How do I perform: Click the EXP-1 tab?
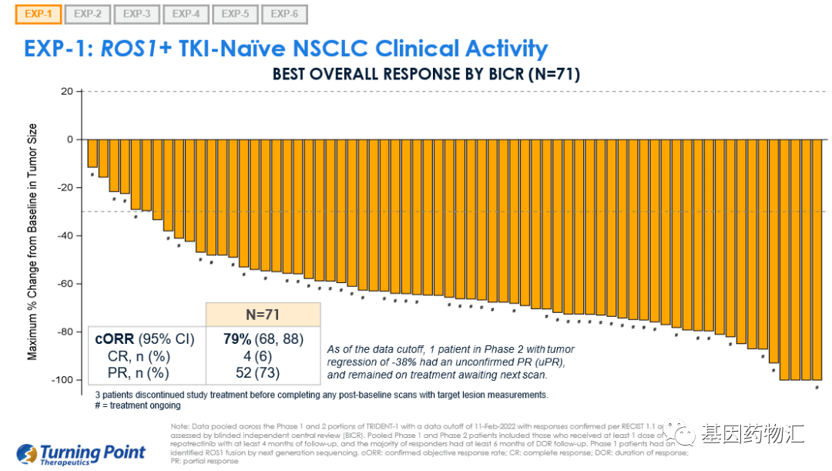point(38,14)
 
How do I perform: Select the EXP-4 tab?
point(186,14)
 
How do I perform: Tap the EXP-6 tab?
point(284,14)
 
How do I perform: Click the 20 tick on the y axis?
point(67,92)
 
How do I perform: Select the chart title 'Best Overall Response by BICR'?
point(425,75)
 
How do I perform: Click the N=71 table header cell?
point(262,315)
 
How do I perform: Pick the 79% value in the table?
point(237,338)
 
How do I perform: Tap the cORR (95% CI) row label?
point(145,338)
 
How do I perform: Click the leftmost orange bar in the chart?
point(92,153)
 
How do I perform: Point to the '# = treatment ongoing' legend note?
point(139,405)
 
